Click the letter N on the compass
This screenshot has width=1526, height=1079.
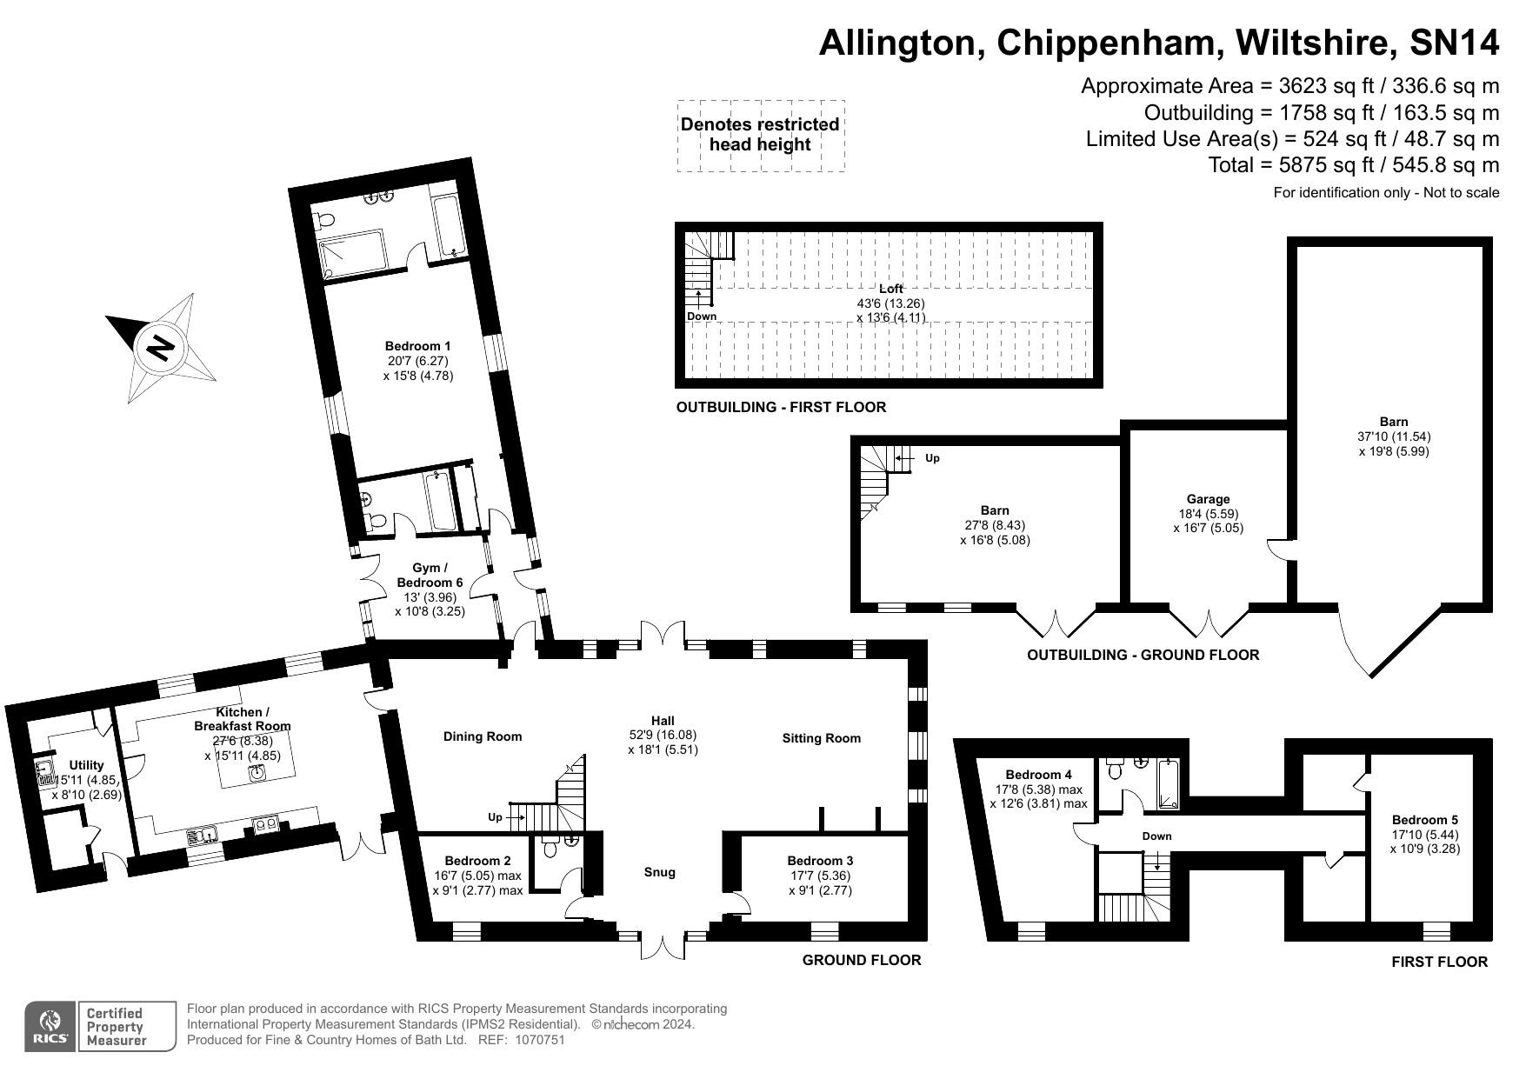pyautogui.click(x=161, y=348)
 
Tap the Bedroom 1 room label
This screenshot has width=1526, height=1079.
pyautogui.click(x=418, y=346)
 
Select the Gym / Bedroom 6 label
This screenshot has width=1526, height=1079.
pyautogui.click(x=430, y=576)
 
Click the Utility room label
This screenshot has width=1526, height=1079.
pyautogui.click(x=86, y=765)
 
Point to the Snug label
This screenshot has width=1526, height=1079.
pyautogui.click(x=660, y=872)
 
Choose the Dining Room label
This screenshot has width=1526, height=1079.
pyautogui.click(x=483, y=736)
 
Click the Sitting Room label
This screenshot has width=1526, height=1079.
pyautogui.click(x=822, y=738)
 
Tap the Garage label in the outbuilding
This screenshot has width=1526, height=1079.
pyautogui.click(x=1209, y=499)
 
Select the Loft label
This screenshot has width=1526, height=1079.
pyautogui.click(x=891, y=289)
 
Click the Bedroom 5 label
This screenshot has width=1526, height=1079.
pyautogui.click(x=1425, y=819)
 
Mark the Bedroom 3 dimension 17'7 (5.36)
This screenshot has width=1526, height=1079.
pyautogui.click(x=821, y=876)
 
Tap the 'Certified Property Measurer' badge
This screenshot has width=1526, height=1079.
pyautogui.click(x=114, y=1027)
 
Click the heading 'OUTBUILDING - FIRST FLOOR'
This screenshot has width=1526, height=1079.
pyautogui.click(x=781, y=407)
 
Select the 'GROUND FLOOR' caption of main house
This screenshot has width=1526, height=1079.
pyautogui.click(x=862, y=960)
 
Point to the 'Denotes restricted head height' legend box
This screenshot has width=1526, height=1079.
pyautogui.click(x=760, y=135)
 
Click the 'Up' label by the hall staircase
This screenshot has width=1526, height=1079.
pyautogui.click(x=495, y=817)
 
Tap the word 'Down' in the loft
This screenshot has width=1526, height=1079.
pyautogui.click(x=702, y=316)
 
